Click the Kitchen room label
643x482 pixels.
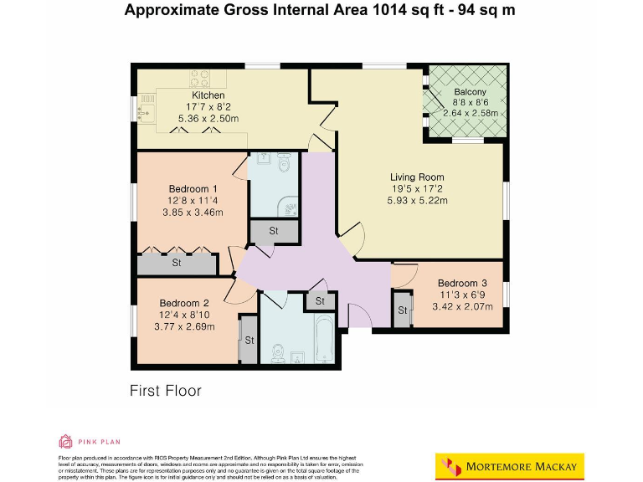184,95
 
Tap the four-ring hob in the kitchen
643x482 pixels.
200,78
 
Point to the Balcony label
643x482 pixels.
470,91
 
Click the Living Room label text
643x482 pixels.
417,177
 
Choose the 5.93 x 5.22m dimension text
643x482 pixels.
417,201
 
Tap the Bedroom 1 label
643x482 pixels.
193,188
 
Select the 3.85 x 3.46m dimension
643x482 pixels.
193,213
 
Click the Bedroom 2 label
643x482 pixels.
184,303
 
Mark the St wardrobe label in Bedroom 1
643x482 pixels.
177,264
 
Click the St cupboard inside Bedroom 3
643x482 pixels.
403,310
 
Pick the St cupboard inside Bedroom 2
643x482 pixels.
249,340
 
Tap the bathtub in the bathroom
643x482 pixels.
321,338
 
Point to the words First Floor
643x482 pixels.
165,391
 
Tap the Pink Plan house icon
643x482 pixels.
65,441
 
